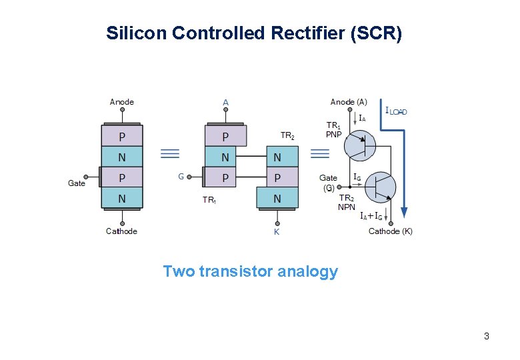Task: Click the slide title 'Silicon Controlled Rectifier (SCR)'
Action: (253, 33)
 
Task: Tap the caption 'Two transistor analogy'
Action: (250, 272)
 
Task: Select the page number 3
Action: (487, 336)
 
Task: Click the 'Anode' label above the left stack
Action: (121, 102)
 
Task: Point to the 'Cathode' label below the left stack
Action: (121, 231)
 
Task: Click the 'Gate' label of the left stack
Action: (77, 183)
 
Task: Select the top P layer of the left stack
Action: (121, 137)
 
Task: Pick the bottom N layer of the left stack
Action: (121, 198)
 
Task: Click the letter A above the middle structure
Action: (225, 103)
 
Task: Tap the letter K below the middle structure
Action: (277, 232)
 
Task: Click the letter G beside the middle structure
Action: (180, 177)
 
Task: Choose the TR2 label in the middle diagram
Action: (287, 136)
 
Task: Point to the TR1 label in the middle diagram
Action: (209, 199)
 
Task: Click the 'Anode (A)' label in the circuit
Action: (348, 102)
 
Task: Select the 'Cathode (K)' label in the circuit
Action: (390, 231)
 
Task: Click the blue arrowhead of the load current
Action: (404, 213)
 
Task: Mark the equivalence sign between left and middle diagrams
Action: (170, 154)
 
